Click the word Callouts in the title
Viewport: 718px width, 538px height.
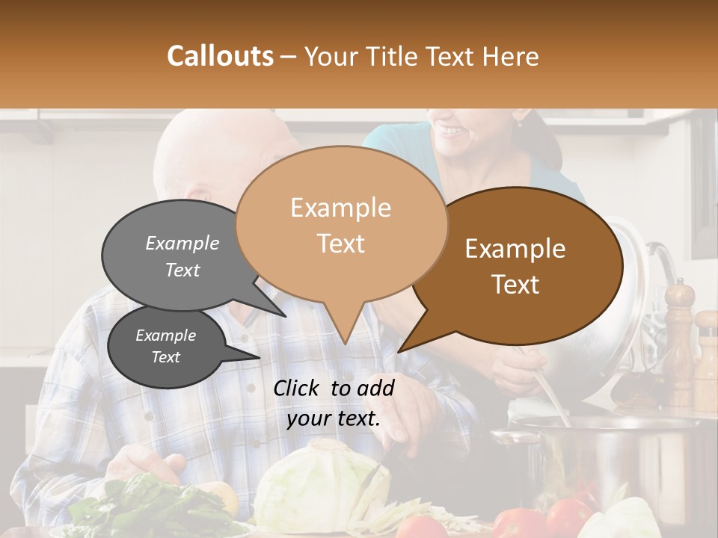coord(220,56)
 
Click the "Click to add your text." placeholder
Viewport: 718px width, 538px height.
coord(334,403)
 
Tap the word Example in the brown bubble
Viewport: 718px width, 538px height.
coord(515,249)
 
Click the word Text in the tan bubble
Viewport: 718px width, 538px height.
coord(341,243)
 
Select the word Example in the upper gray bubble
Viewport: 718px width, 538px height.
coord(182,243)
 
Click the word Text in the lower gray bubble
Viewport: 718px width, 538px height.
coord(165,357)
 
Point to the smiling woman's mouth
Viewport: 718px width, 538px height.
coord(452,130)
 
